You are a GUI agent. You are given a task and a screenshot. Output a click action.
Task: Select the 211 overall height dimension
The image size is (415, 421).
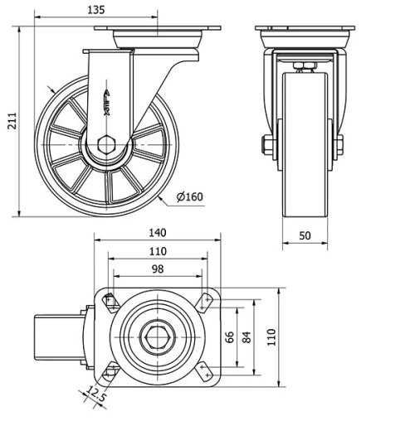coord(11,122)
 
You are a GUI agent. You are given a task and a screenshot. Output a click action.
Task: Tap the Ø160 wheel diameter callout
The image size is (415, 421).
coord(190,196)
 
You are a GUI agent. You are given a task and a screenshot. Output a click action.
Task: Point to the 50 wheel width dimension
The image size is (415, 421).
coord(305,236)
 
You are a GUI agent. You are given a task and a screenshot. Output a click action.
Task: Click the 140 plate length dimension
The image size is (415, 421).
coord(158,233)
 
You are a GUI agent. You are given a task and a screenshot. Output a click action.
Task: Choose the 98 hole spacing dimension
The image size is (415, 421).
coord(158,269)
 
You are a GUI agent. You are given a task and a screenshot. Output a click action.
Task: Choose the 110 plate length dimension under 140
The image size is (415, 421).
coord(158,251)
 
